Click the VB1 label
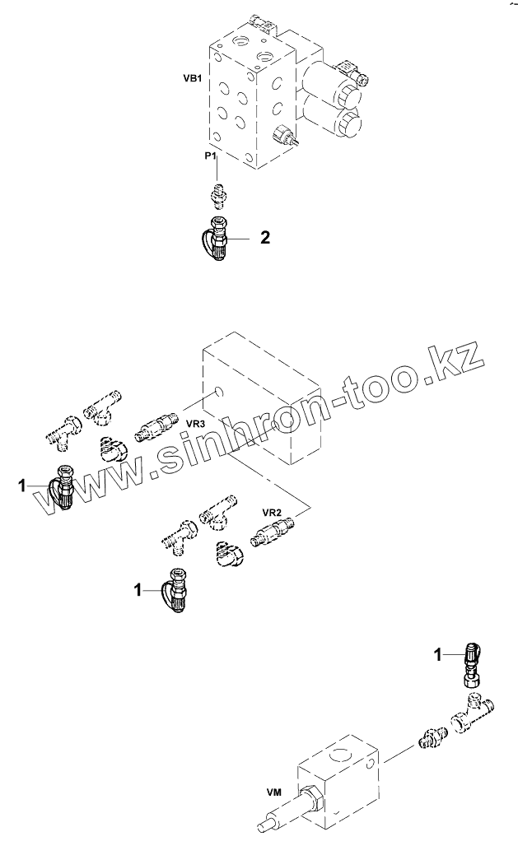pos(193,80)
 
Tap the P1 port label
pos(212,154)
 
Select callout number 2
pos(265,239)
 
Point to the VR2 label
pos(272,511)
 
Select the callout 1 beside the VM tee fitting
pos(439,654)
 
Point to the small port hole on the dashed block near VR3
pos(216,391)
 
